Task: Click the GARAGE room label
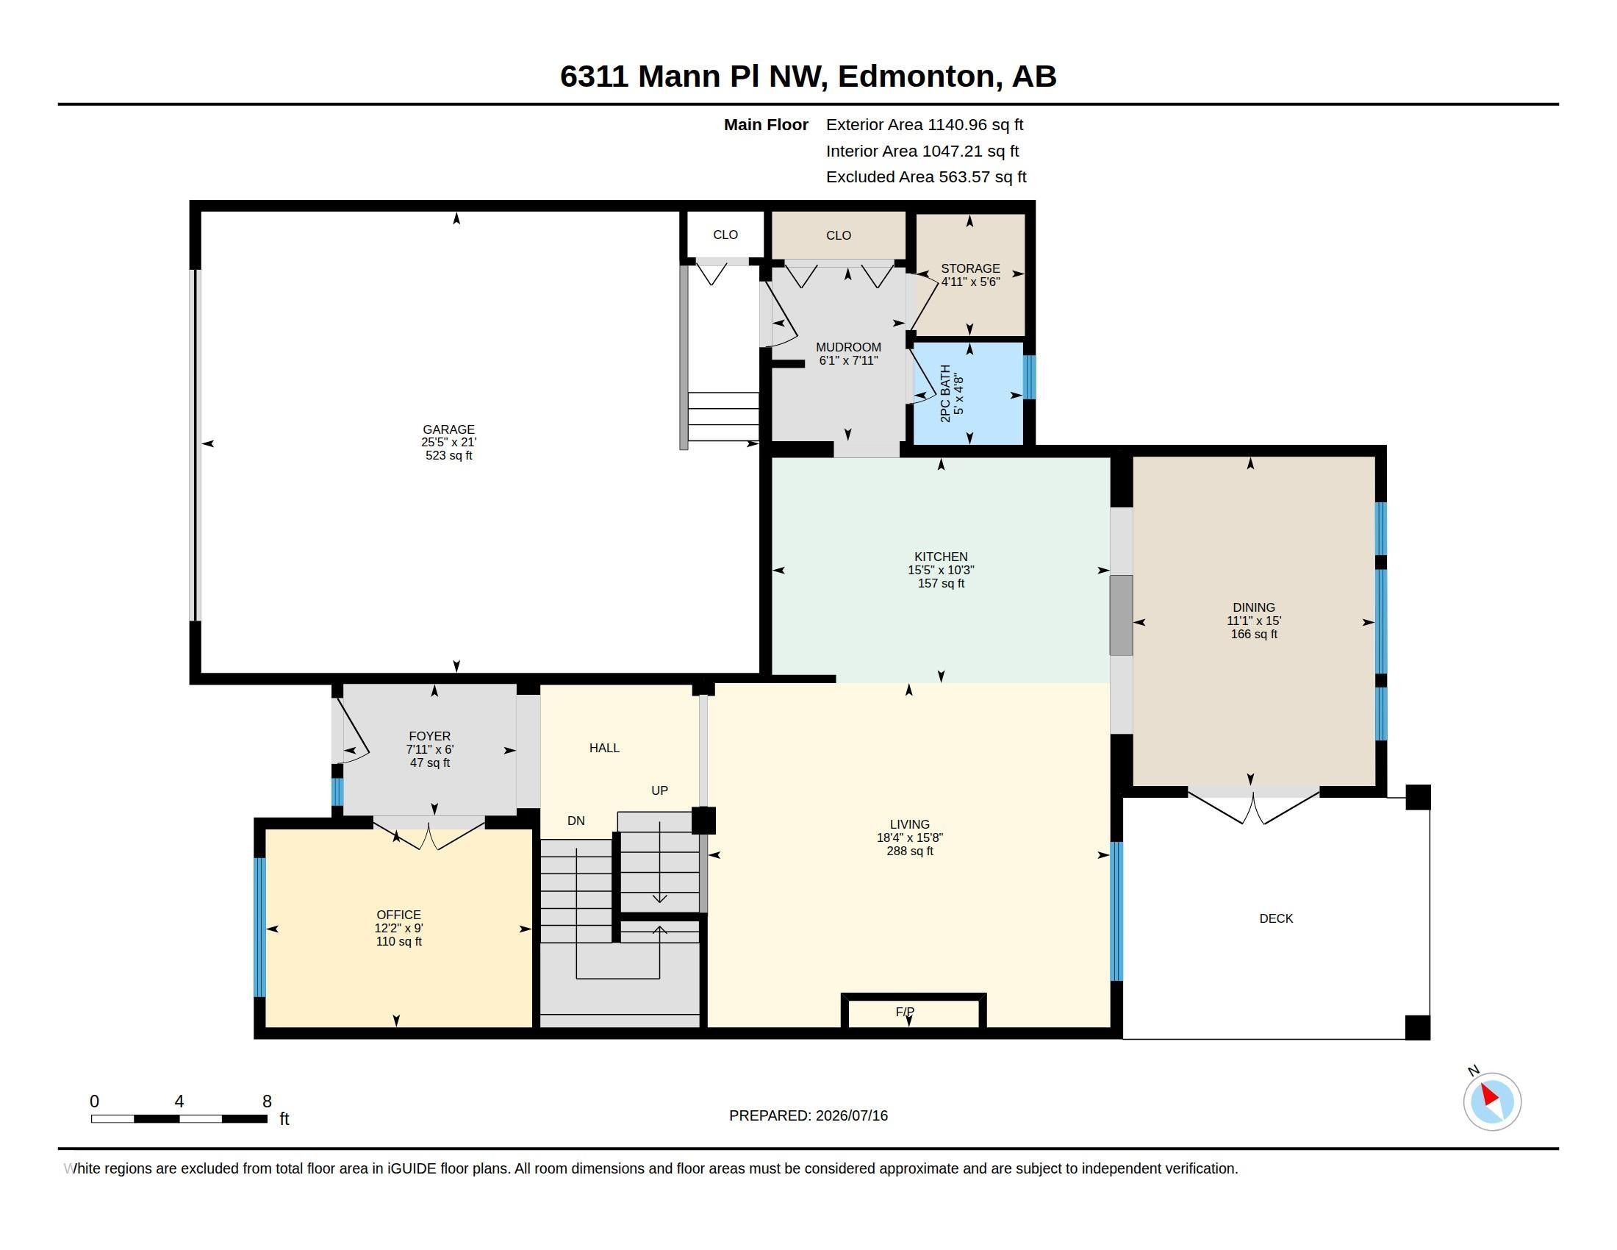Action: point(448,429)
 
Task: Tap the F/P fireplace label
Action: point(905,1012)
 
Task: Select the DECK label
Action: point(1276,918)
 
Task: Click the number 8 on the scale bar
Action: point(268,1101)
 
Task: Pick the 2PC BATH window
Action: point(1029,377)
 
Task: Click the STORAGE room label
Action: point(970,269)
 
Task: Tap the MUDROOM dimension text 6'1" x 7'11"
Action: point(848,360)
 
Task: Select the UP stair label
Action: point(660,791)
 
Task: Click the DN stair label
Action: point(576,821)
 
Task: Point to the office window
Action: point(259,927)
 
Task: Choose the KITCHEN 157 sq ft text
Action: point(941,584)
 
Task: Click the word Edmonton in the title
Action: point(917,76)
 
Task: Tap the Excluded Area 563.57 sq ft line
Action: point(926,177)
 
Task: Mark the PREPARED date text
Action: point(808,1115)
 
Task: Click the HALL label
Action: point(604,748)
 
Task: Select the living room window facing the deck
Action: point(1116,911)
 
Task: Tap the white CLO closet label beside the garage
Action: point(725,235)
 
